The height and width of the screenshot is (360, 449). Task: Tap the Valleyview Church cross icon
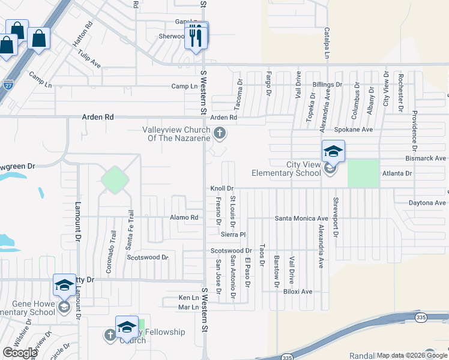[x=220, y=133]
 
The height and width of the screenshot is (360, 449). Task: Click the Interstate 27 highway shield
[x=8, y=86]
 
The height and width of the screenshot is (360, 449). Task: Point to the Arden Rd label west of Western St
[x=98, y=118]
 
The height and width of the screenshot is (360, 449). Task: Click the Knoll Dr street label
[x=221, y=188]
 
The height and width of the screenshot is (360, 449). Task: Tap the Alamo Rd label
[x=184, y=217]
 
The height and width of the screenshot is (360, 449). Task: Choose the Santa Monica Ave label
[x=301, y=218]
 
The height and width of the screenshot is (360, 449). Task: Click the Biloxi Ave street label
[x=298, y=292]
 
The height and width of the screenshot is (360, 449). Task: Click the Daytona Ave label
[x=427, y=203]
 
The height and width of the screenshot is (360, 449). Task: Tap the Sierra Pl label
[x=234, y=234]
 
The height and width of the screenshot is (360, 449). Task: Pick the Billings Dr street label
[x=327, y=85]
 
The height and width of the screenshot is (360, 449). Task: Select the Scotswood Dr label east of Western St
[x=231, y=250]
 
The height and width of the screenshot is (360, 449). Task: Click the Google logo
[x=20, y=352]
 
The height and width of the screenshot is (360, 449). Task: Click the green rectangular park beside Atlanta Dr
[x=364, y=173]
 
